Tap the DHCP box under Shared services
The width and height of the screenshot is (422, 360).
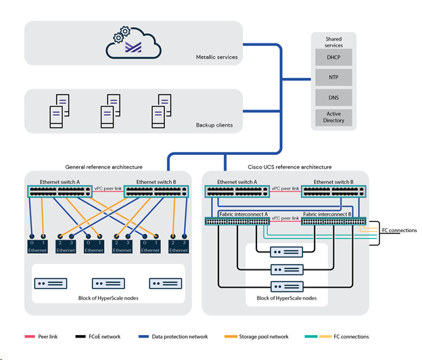point(334,58)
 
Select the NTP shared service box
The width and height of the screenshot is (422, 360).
point(334,78)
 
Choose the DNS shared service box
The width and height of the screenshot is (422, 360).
point(334,97)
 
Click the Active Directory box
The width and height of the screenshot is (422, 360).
point(334,117)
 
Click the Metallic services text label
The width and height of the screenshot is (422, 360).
point(216,58)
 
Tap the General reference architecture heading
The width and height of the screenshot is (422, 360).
point(103,166)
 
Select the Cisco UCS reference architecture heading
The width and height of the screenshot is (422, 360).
point(285,166)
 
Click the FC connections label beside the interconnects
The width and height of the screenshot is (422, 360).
point(399,231)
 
